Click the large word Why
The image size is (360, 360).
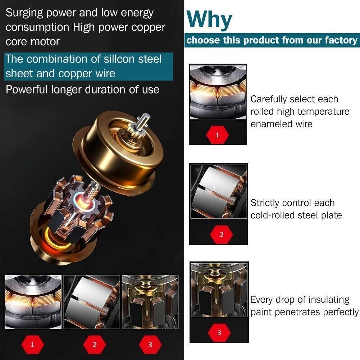point(209,20)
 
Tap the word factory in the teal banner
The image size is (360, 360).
point(341,40)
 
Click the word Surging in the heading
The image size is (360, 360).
point(24,13)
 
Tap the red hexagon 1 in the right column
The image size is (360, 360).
point(218,135)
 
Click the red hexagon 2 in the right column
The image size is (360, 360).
point(221,234)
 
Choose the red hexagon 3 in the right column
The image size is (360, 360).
point(219,333)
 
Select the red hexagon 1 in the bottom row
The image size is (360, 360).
point(32,345)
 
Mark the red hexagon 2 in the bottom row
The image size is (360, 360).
point(94,345)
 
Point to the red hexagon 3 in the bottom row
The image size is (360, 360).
point(150,345)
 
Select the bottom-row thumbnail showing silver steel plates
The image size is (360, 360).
point(92,302)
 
